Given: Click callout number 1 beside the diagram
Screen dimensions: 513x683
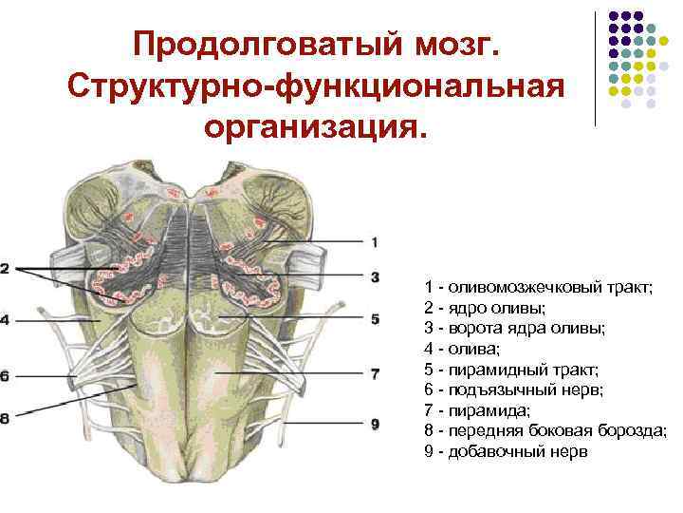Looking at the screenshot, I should click(x=375, y=241).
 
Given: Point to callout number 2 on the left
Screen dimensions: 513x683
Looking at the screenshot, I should click(x=6, y=269).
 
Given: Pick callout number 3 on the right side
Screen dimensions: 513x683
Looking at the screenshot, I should click(x=375, y=276).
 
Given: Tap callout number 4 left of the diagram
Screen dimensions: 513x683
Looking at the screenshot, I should click(x=6, y=320).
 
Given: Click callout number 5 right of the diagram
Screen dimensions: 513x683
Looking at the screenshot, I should click(x=375, y=319).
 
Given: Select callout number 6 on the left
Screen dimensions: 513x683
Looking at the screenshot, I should click(x=6, y=375).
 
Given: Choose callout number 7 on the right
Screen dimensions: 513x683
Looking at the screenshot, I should click(x=375, y=374).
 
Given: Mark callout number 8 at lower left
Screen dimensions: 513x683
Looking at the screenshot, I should click(x=6, y=417).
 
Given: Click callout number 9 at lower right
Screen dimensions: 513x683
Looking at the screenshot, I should click(x=375, y=423).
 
